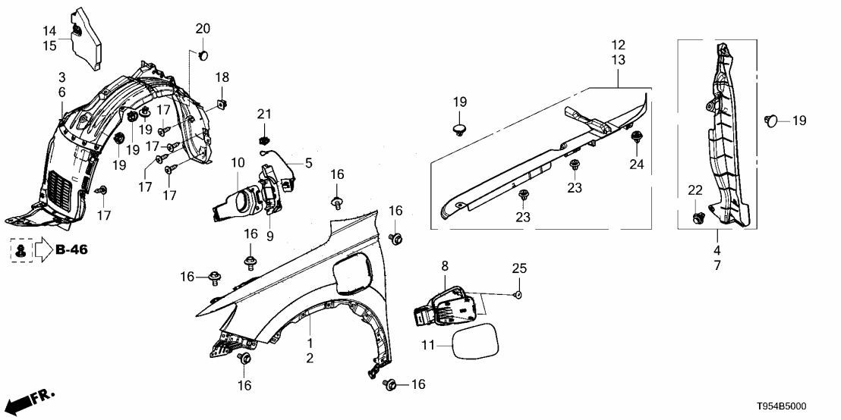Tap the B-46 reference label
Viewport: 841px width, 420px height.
pos(71,249)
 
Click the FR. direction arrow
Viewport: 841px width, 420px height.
pos(30,400)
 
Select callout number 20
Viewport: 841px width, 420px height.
pos(203,29)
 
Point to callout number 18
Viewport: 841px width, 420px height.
pos(222,78)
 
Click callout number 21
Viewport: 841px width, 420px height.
pos(263,114)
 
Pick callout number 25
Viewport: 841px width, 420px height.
pos(518,269)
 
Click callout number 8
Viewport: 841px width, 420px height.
pos(445,265)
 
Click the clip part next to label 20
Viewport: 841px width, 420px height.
pos(203,55)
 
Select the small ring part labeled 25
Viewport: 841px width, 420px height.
pos(518,294)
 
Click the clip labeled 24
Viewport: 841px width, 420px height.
pos(636,136)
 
